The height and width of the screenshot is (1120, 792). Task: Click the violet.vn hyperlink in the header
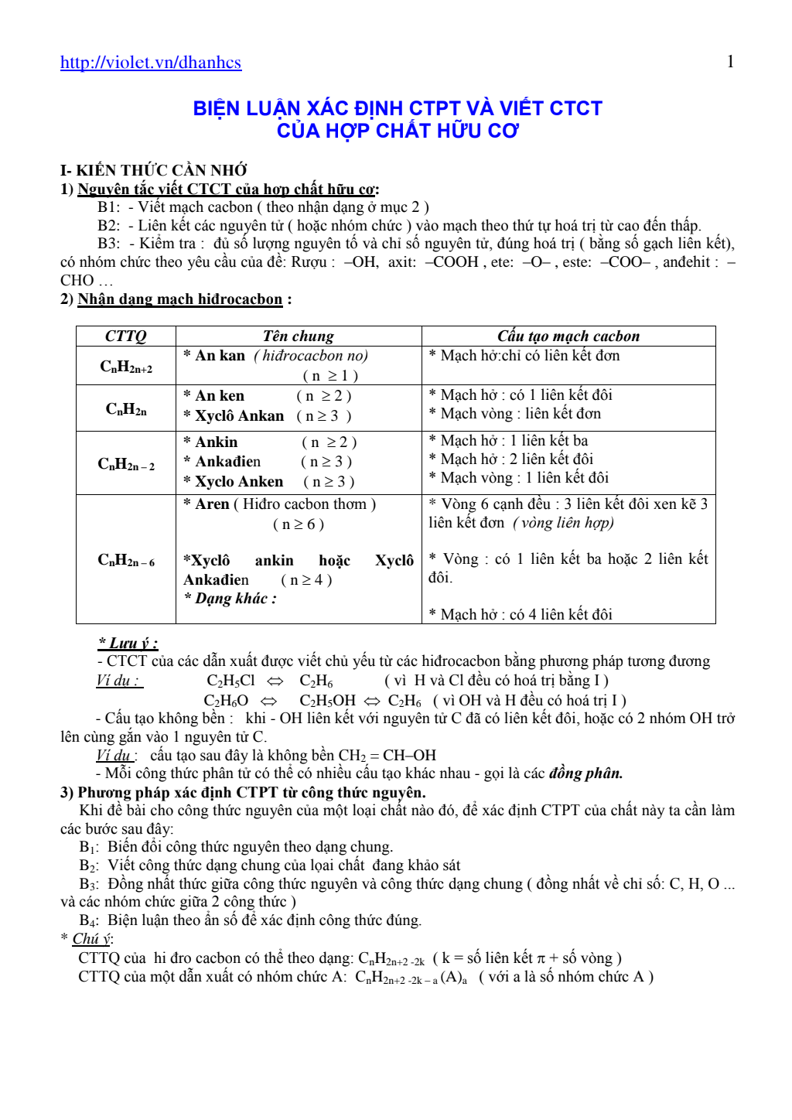pyautogui.click(x=151, y=63)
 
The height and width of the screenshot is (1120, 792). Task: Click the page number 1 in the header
pyautogui.click(x=730, y=62)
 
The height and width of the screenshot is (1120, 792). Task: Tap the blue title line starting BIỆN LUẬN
pyautogui.click(x=398, y=108)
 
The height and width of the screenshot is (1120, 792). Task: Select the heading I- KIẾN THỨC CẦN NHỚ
pyautogui.click(x=154, y=170)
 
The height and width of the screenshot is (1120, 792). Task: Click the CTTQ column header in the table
pyautogui.click(x=125, y=336)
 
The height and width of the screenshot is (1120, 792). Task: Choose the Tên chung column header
pyautogui.click(x=298, y=336)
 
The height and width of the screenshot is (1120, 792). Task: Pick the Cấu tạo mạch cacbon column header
pyautogui.click(x=568, y=336)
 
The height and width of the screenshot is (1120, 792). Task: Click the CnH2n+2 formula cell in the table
pyautogui.click(x=126, y=367)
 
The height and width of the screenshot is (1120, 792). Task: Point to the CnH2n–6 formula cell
pyautogui.click(x=126, y=560)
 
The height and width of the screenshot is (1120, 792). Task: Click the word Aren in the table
pyautogui.click(x=213, y=504)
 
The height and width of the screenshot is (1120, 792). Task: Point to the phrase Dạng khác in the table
pyautogui.click(x=231, y=599)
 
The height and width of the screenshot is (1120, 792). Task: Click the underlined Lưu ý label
pyautogui.click(x=128, y=643)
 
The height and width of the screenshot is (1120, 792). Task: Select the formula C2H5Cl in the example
pyautogui.click(x=230, y=681)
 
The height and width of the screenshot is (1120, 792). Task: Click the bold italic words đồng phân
pyautogui.click(x=585, y=773)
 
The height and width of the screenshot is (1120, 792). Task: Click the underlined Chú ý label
pyautogui.click(x=92, y=939)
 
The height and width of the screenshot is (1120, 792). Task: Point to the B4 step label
pyautogui.click(x=88, y=920)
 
